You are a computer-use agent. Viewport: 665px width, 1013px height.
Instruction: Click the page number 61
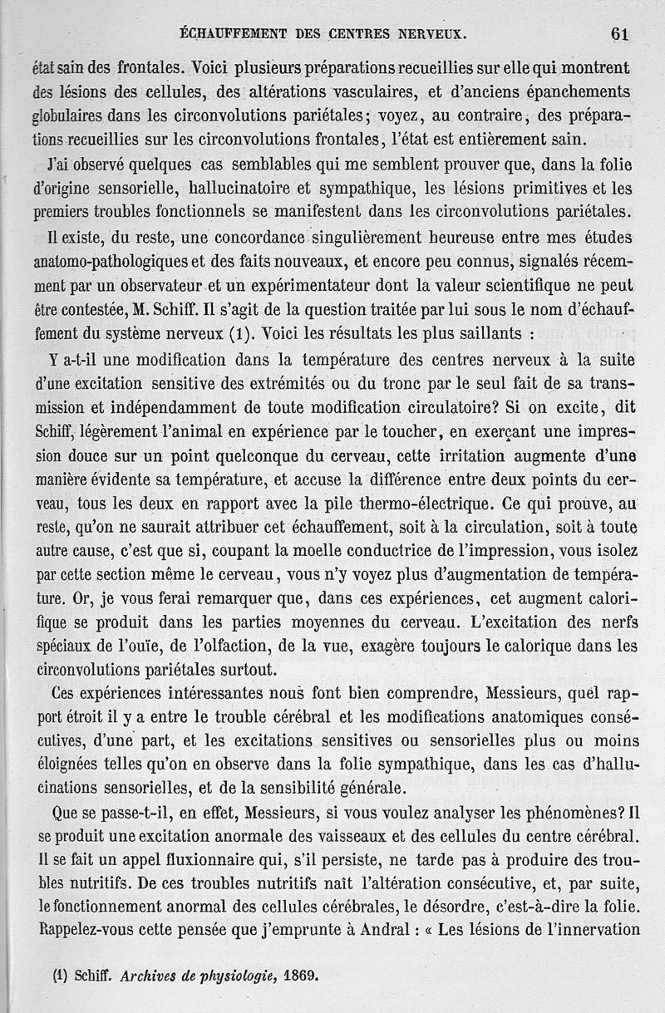coord(620,33)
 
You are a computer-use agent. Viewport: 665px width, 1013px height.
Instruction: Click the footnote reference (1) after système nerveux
coord(240,336)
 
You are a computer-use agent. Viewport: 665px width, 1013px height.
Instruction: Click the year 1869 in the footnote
coord(301,976)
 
